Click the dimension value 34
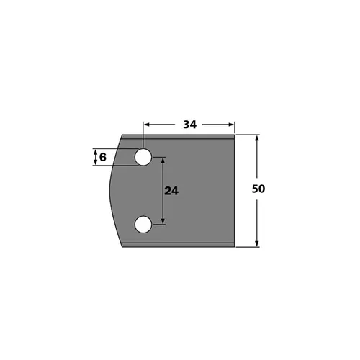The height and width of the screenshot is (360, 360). coord(189,125)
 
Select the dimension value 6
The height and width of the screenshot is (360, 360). coord(103,158)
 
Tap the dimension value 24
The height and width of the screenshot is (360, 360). coord(171,192)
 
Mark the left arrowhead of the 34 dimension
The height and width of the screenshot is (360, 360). coord(147,125)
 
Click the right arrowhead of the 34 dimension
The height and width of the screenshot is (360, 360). coord(232,125)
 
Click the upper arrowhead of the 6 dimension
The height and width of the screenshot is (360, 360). coord(94,152)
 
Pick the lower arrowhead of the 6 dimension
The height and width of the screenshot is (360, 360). coord(94,163)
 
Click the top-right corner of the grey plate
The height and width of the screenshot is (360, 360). coord(235,135)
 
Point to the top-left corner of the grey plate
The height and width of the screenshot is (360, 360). coord(122,135)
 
